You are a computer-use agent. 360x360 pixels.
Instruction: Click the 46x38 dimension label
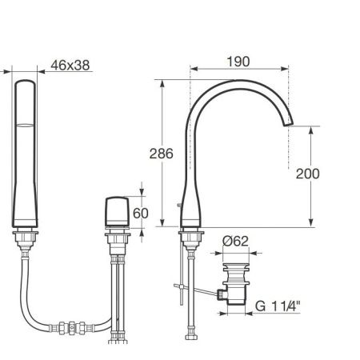tap(70, 66)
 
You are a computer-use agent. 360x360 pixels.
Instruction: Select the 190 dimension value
tap(238, 62)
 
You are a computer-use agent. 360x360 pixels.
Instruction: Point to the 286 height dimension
tap(161, 154)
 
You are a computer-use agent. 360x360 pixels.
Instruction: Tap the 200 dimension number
tap(307, 174)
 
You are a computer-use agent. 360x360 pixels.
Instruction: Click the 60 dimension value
tap(141, 213)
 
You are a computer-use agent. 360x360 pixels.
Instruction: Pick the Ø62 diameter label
tap(235, 242)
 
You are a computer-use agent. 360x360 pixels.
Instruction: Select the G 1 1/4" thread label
tap(278, 306)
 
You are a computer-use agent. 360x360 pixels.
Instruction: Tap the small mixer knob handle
tap(117, 212)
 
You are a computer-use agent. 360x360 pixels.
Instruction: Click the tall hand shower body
tap(25, 154)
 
